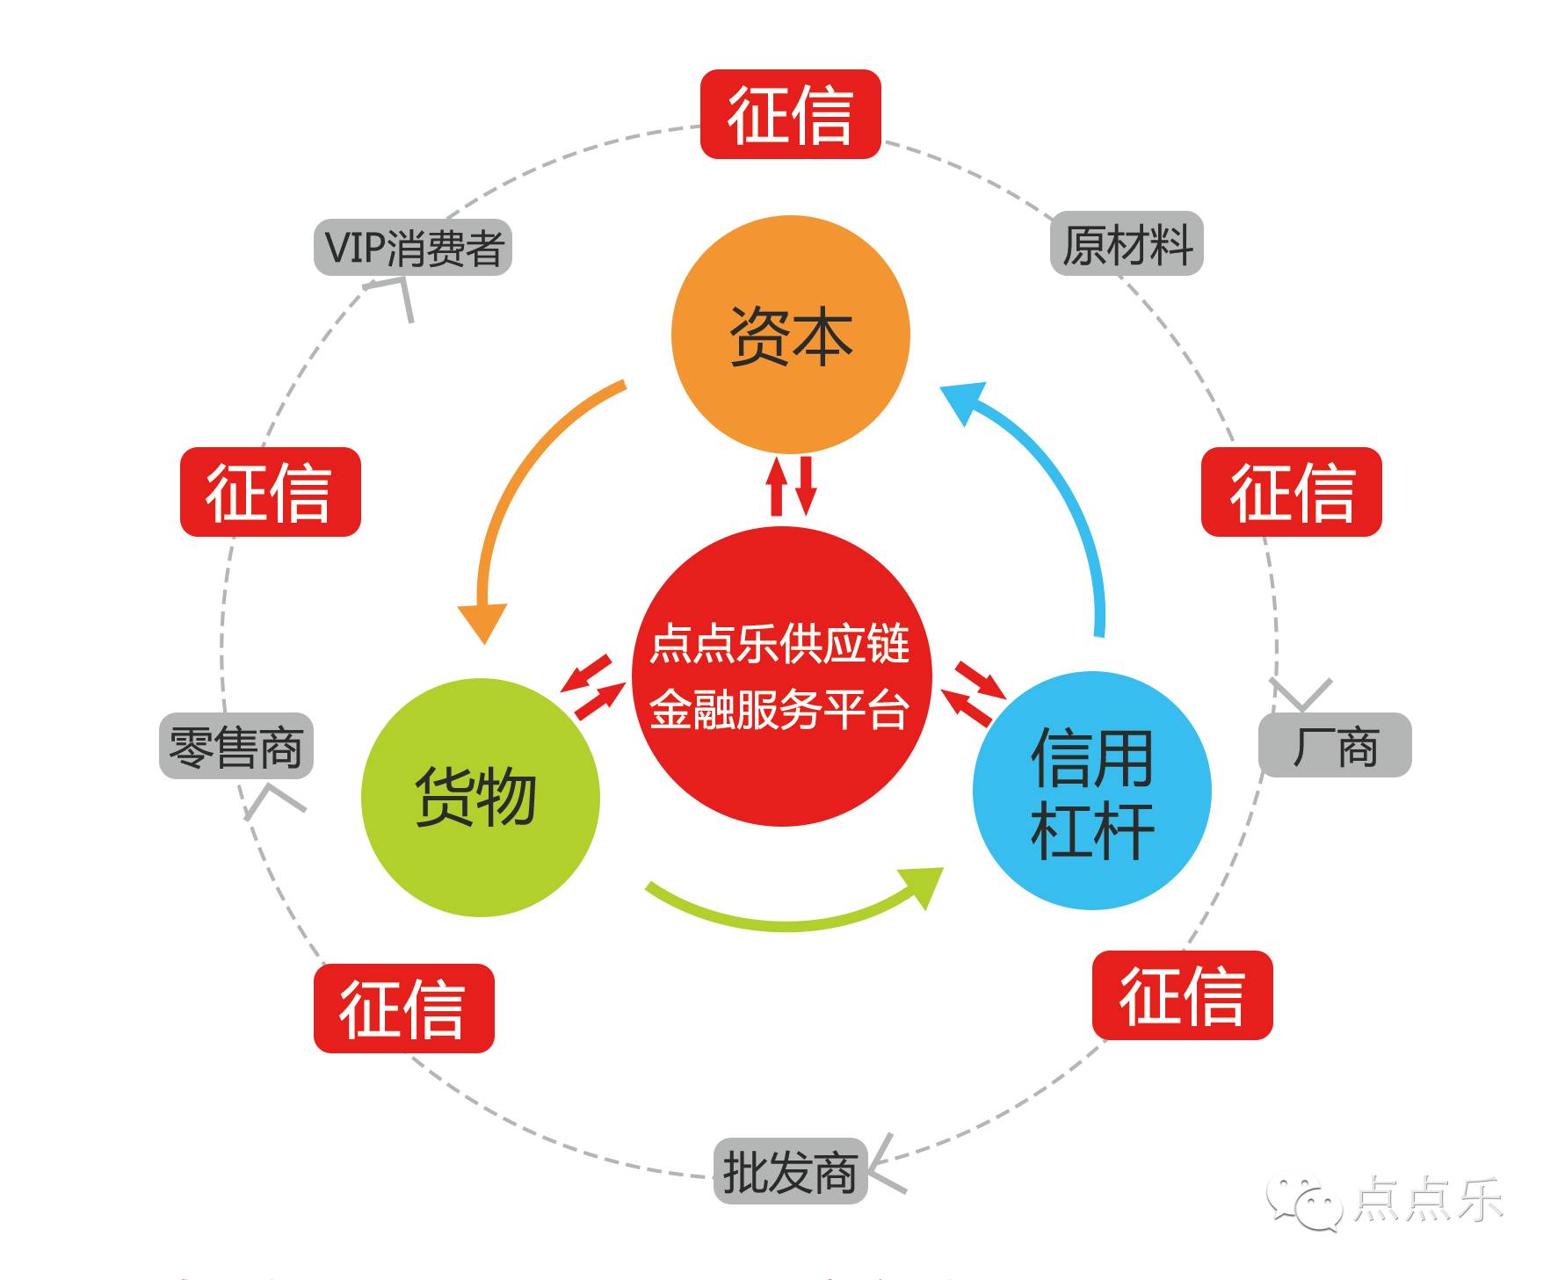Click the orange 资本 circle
pyautogui.click(x=790, y=335)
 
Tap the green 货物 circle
pyautogui.click(x=480, y=798)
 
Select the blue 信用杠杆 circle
pyautogui.click(x=1091, y=791)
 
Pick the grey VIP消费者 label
pyautogui.click(x=413, y=247)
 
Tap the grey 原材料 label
pyautogui.click(x=1127, y=243)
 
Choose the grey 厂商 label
pyautogui.click(x=1335, y=745)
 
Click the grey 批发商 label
pyautogui.click(x=790, y=1171)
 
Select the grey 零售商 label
pyautogui.click(x=236, y=746)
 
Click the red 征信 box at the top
pyautogui.click(x=790, y=114)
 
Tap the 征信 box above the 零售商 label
pyautogui.click(x=270, y=492)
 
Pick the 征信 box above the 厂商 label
pyautogui.click(x=1291, y=492)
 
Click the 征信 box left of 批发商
pyautogui.click(x=403, y=1008)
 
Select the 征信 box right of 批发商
pyautogui.click(x=1182, y=995)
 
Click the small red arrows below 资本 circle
pyautogui.click(x=791, y=485)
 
